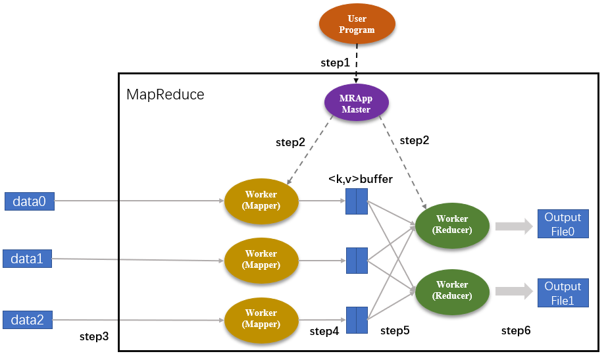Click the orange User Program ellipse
357,24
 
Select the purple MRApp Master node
357,104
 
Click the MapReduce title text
165,94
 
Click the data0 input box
29,201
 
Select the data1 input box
27,259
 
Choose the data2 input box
27,320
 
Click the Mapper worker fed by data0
261,199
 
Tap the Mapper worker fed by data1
261,259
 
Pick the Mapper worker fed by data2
261,318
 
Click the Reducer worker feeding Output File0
451,224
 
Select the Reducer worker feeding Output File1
451,290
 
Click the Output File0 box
563,224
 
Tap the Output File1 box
563,293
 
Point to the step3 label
94,336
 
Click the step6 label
516,330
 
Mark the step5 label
395,330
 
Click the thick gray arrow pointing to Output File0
513,226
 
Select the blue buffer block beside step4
357,320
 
